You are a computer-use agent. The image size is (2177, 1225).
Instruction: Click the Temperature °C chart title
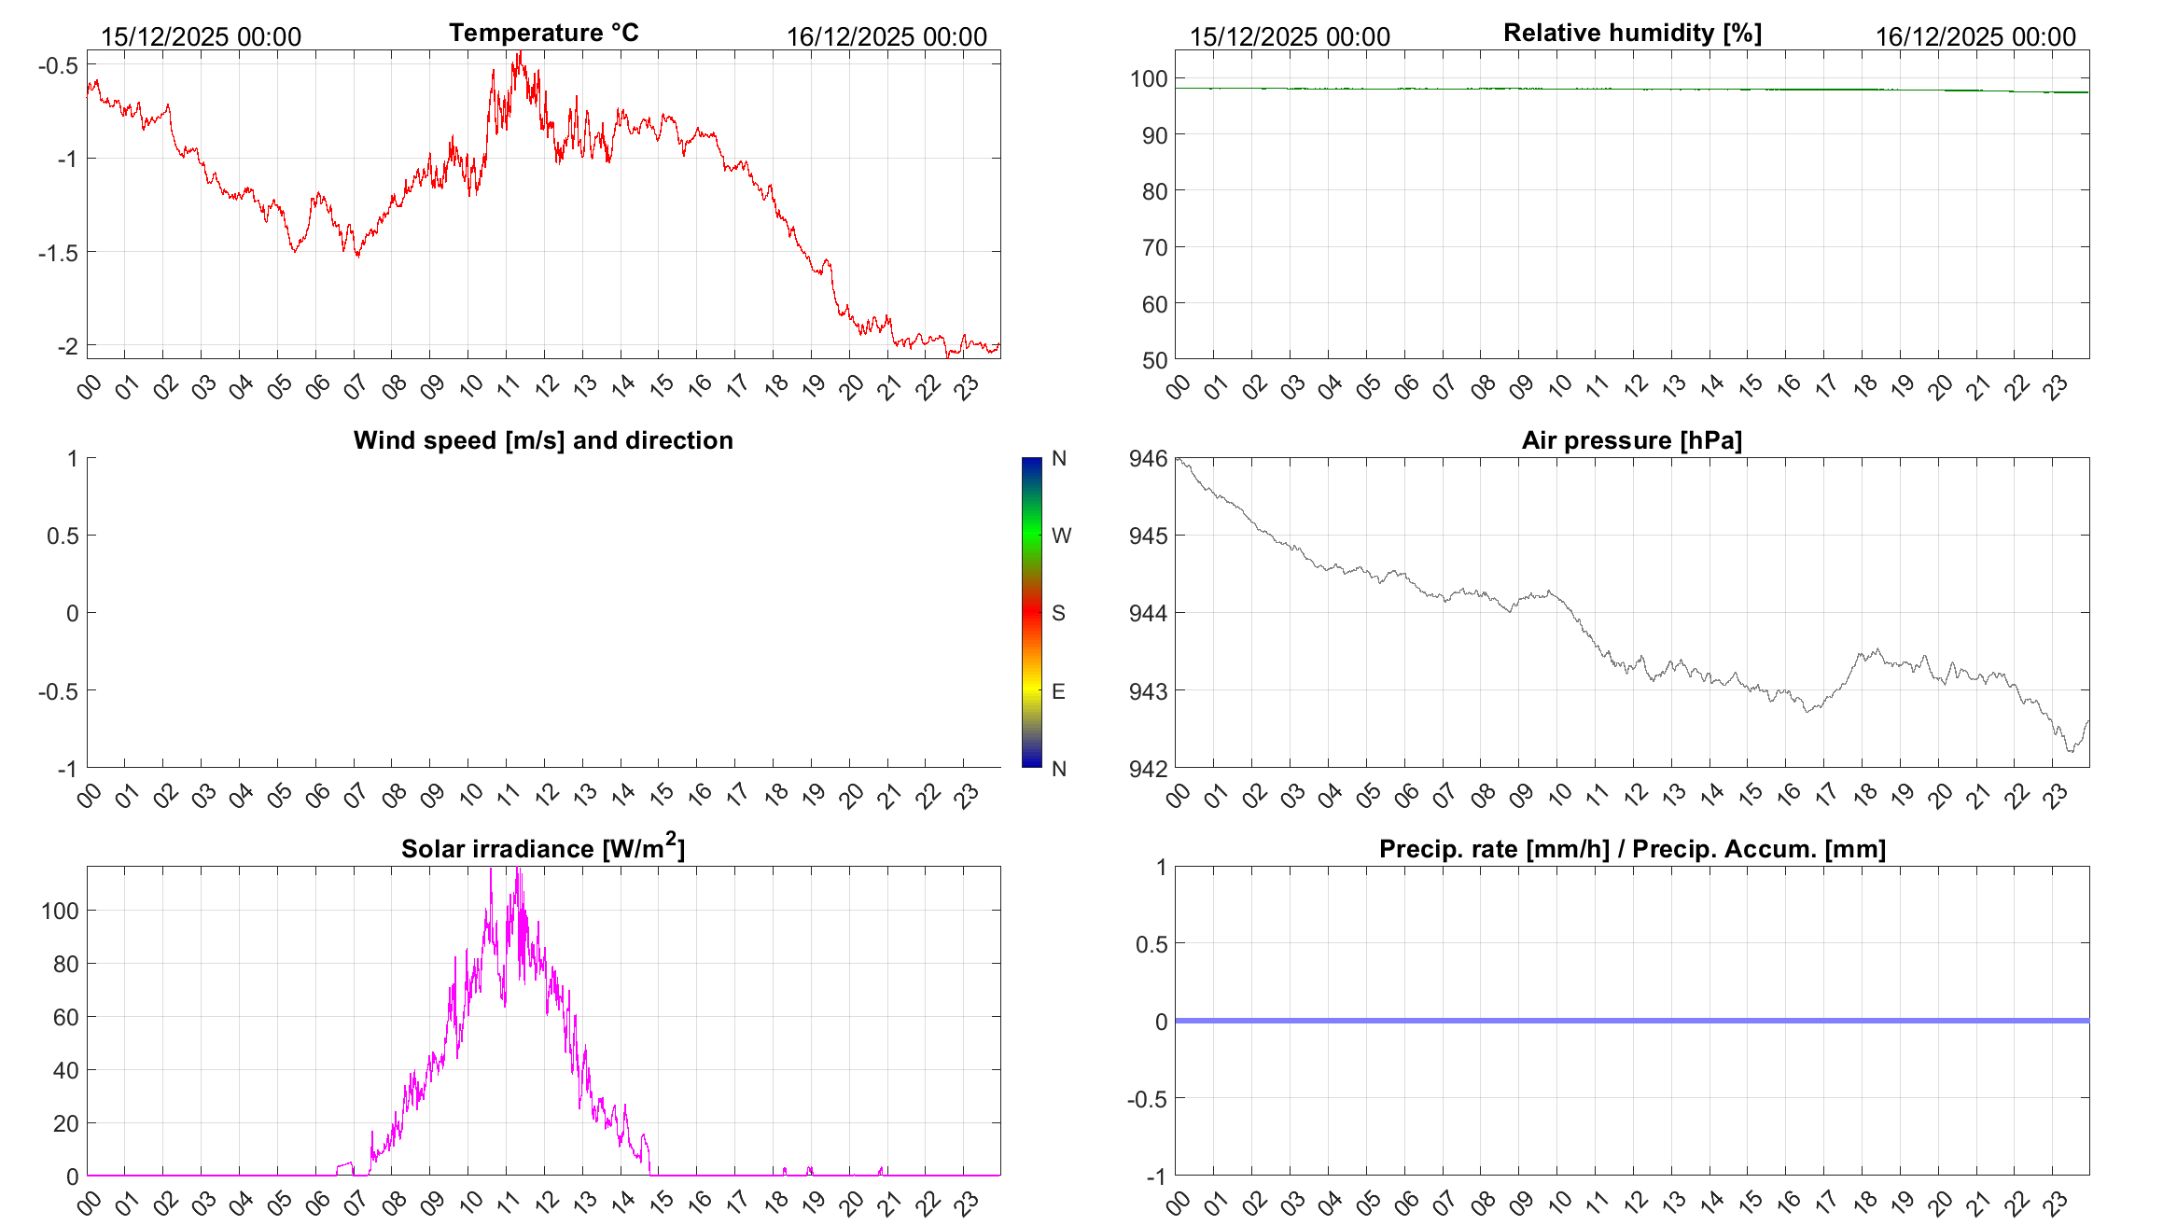point(543,33)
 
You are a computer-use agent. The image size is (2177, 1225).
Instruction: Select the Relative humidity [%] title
point(1632,33)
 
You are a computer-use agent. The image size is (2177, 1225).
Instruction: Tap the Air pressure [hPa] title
point(1631,440)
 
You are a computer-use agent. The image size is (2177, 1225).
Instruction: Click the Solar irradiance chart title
point(542,848)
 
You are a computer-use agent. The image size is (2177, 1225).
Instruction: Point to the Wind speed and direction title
point(543,440)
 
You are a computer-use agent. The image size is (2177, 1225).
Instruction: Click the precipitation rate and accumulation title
point(1632,849)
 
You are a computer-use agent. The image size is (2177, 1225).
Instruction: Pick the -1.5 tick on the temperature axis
point(58,253)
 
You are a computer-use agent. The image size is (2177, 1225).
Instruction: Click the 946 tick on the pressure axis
point(1148,458)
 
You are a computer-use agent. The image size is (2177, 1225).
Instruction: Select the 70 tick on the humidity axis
point(1154,247)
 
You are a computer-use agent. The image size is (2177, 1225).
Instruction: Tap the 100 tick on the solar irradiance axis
point(60,911)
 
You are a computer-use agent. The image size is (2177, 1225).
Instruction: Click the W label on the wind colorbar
point(1061,536)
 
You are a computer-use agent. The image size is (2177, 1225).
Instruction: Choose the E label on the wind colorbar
point(1058,691)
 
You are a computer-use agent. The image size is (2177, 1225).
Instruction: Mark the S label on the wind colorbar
point(1058,613)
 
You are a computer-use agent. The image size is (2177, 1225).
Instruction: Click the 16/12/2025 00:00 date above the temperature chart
point(886,36)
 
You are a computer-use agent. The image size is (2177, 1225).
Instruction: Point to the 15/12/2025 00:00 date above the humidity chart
point(1290,36)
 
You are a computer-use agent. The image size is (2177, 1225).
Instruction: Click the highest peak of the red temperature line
point(520,53)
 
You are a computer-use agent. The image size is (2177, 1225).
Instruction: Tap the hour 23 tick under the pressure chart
point(2055,795)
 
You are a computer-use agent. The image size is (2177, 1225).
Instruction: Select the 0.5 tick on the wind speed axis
point(63,536)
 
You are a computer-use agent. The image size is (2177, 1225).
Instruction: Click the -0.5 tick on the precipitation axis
point(1147,1099)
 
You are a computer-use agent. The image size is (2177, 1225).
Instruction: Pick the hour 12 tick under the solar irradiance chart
point(546,1203)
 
